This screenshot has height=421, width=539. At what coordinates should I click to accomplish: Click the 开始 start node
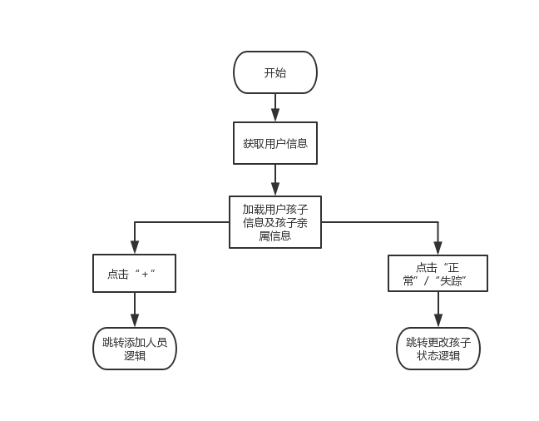click(x=274, y=72)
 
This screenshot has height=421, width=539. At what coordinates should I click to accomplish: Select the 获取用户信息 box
click(x=274, y=143)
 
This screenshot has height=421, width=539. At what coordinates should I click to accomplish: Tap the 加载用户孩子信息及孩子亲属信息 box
click(x=274, y=222)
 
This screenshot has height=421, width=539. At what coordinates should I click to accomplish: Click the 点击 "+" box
click(x=134, y=273)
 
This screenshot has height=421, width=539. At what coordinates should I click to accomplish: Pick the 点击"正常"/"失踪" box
click(x=438, y=273)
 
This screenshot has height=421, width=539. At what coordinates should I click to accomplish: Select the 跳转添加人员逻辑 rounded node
click(x=134, y=348)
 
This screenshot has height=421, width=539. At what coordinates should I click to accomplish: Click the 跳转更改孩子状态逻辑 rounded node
click(x=438, y=348)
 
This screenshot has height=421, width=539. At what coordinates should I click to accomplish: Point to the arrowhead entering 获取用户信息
click(x=275, y=116)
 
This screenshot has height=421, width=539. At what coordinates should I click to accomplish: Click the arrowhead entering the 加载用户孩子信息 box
click(x=275, y=190)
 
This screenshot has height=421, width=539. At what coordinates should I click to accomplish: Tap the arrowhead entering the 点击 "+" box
click(x=135, y=248)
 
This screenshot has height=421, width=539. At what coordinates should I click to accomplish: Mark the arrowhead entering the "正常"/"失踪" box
click(x=438, y=248)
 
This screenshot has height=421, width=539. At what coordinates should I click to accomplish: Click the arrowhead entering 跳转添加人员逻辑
click(x=135, y=321)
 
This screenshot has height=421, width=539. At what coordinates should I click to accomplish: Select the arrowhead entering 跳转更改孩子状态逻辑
click(x=438, y=321)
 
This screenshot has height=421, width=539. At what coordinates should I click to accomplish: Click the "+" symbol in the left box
click(x=145, y=274)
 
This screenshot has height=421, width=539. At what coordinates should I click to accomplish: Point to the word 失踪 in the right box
click(x=452, y=280)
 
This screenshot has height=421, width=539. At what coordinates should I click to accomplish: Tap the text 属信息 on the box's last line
click(x=274, y=235)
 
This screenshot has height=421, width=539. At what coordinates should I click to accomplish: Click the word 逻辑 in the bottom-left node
click(x=134, y=355)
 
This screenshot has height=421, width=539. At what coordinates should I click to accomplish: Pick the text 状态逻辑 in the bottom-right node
click(x=438, y=355)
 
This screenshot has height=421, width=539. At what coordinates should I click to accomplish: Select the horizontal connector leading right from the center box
click(x=379, y=222)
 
